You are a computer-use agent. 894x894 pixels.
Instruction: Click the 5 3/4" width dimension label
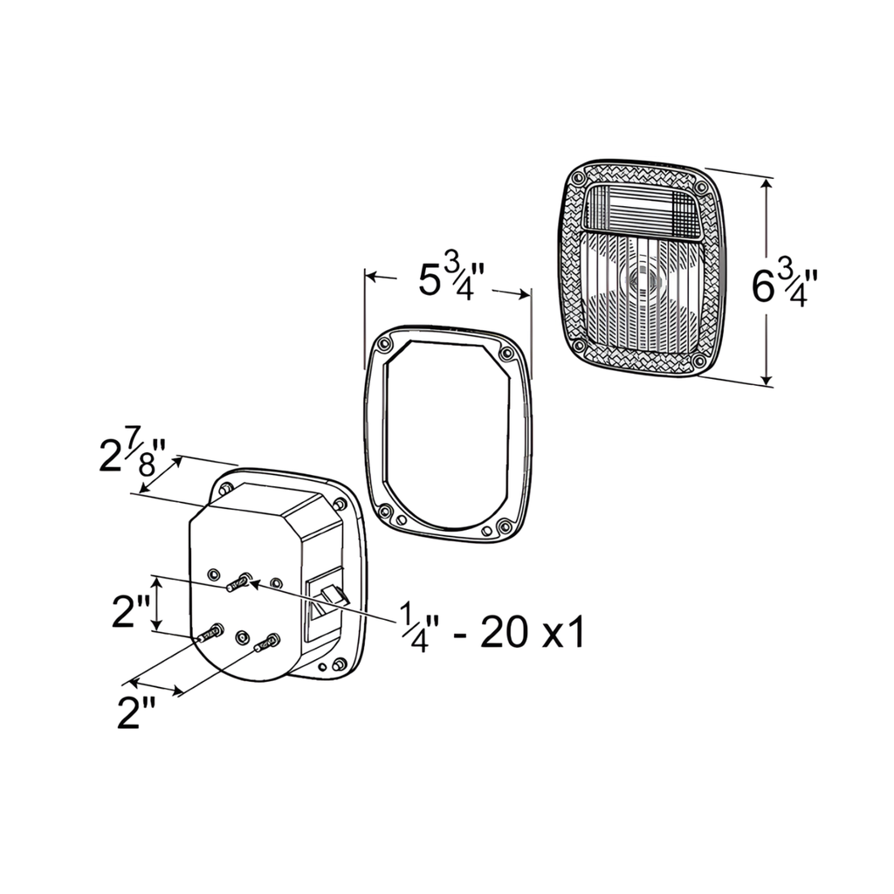(x=451, y=281)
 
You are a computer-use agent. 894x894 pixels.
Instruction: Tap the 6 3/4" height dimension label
(x=785, y=286)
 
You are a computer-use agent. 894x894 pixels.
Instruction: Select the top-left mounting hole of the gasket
(x=384, y=345)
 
